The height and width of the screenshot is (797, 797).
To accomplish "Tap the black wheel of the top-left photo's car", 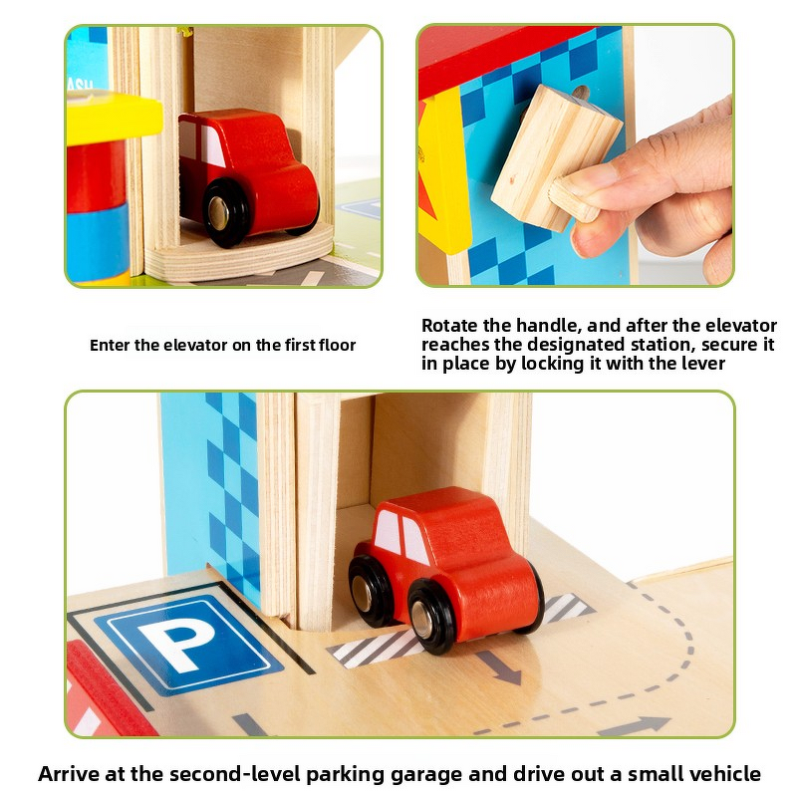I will (228, 211).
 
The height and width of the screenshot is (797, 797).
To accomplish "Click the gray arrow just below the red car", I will (497, 665).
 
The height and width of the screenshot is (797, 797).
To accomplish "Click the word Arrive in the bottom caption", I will (69, 774).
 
